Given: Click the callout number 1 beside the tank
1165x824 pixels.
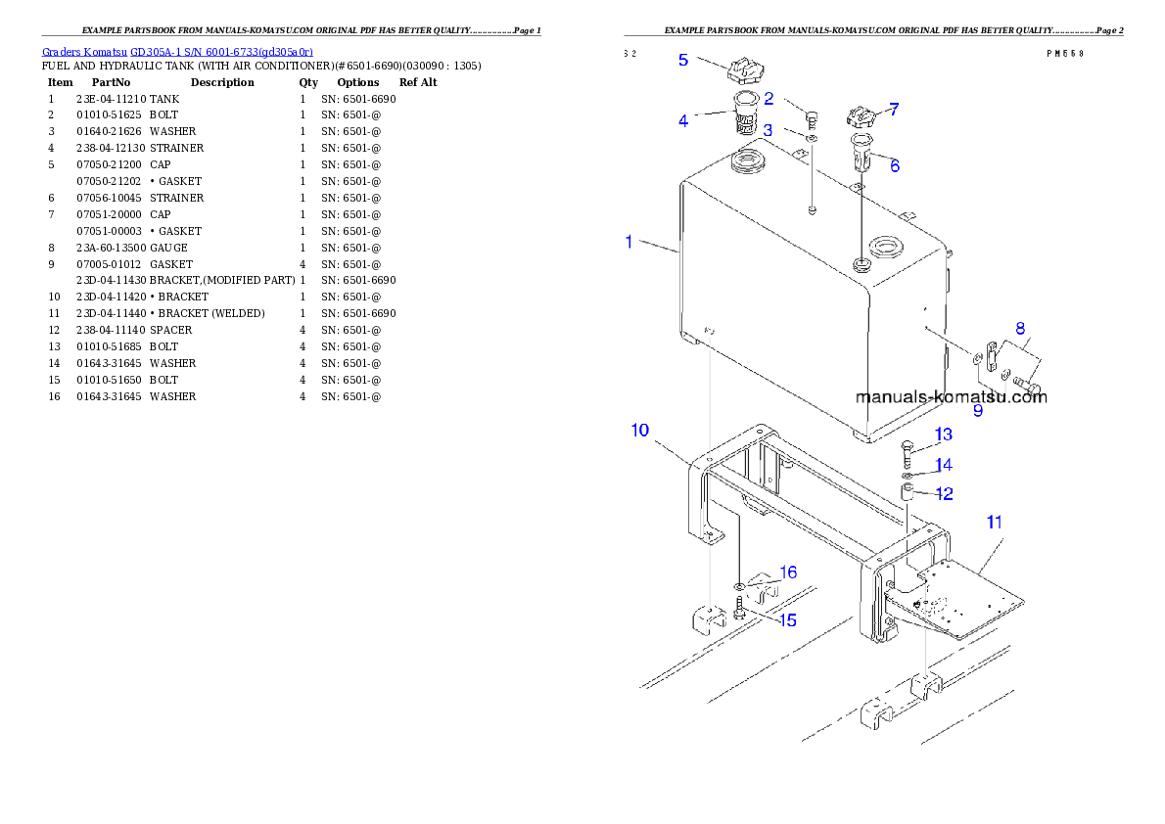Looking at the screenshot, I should pos(629,241).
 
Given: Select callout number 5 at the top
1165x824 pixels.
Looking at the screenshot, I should pos(683,60).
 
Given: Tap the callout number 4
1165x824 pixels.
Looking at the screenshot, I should pos(683,121).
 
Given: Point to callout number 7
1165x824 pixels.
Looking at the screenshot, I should pos(893,110).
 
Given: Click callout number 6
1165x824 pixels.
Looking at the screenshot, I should pos(894,165).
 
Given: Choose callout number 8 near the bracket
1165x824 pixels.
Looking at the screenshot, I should pos(1019,328).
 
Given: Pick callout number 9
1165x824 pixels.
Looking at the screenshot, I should pos(977,411).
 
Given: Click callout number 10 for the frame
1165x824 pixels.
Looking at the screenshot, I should pos(639,430).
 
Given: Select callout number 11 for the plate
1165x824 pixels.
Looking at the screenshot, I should pos(994,523).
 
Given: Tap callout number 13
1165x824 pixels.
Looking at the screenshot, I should pos(942,434).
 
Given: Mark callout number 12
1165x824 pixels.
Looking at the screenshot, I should pos(944,494).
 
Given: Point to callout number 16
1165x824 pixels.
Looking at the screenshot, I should pos(787,572).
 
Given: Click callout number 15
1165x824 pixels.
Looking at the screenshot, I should pos(787,619).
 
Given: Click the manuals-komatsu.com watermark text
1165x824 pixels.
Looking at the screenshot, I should pos(951,396).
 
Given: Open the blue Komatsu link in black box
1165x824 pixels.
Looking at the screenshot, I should pos(177,51).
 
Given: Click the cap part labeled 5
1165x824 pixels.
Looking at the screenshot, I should pos(746,71).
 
